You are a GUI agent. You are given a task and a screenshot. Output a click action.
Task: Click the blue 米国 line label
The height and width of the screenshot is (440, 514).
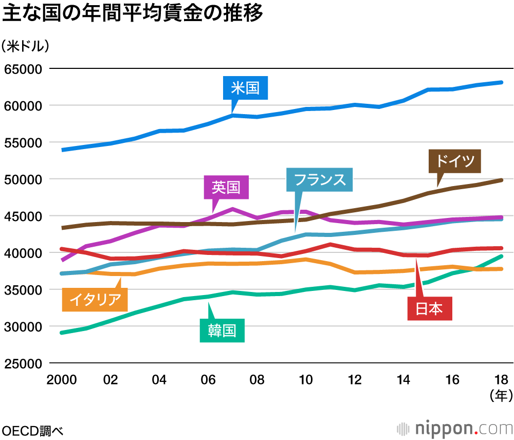[245, 88]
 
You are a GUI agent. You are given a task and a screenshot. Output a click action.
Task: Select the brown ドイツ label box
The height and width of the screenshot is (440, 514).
[455, 161]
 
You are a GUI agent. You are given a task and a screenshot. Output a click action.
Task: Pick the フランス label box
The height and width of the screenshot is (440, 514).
[320, 180]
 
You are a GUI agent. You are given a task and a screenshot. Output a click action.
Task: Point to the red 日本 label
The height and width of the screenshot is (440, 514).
[429, 309]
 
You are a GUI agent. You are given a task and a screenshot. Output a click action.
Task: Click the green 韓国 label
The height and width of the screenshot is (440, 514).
[222, 331]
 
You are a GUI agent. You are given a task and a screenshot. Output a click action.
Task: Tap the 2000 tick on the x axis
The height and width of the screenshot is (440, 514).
[61, 380]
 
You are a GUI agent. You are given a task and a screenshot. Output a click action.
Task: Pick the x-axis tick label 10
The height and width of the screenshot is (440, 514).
[306, 380]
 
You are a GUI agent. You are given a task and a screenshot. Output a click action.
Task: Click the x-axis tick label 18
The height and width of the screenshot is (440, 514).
[502, 380]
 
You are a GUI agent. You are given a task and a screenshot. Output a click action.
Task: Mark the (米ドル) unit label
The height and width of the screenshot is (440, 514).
[26, 46]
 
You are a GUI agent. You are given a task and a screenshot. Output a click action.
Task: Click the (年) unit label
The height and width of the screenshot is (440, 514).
[501, 395]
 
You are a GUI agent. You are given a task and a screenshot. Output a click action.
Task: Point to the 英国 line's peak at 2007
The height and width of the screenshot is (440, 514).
[232, 209]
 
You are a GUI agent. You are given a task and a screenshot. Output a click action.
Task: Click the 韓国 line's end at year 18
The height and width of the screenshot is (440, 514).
[502, 256]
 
